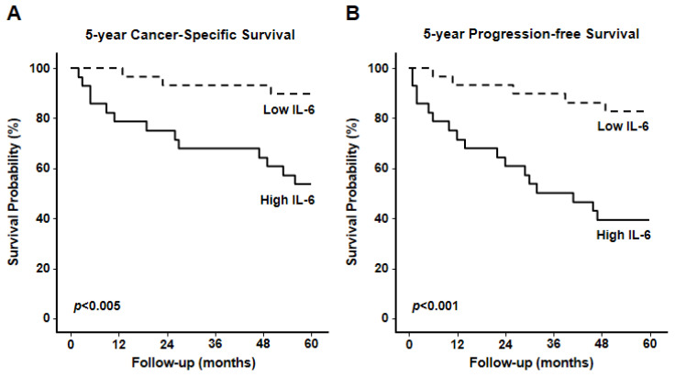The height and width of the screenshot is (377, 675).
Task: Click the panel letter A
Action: point(14,14)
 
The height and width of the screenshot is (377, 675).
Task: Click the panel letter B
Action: point(352,14)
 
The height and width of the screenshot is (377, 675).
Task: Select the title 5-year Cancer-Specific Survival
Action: point(190,35)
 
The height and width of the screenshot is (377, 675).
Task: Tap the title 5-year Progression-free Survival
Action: point(531,34)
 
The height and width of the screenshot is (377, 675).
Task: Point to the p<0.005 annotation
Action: point(97,306)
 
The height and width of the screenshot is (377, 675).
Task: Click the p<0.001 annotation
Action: point(436,306)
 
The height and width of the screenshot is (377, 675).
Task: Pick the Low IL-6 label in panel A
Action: point(289,109)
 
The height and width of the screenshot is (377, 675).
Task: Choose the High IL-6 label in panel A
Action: point(288,200)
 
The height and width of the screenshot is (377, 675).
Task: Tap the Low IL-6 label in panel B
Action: point(623,126)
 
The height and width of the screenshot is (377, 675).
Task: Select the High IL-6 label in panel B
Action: point(624,235)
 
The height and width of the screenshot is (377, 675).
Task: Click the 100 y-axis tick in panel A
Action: point(40,69)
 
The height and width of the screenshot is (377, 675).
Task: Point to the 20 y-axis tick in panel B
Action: point(382,268)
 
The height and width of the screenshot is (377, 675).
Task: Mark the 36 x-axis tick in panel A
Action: point(215,343)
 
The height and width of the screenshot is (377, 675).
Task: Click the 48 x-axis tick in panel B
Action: point(602,343)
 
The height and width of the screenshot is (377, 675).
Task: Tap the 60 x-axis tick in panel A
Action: point(311,343)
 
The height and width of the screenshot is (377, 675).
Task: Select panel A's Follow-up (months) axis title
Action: point(194,362)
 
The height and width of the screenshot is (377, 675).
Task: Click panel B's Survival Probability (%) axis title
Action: point(352,192)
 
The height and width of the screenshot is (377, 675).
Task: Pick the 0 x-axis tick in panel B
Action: point(409,343)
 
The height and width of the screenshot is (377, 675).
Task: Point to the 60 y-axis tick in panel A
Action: point(43,168)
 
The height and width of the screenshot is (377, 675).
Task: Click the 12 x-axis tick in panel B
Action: point(457,343)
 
